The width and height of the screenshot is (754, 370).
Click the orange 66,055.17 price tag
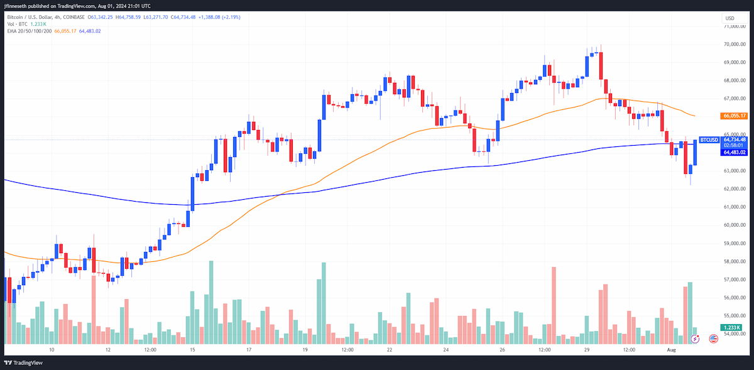pyautogui.click(x=734, y=116)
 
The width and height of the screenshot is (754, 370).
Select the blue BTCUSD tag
pyautogui.click(x=709, y=139)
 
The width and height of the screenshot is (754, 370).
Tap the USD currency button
pyautogui.click(x=729, y=18)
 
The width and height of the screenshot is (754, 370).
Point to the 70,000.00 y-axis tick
pyautogui.click(x=735, y=44)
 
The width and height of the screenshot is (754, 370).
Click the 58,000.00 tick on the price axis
pyautogui.click(x=735, y=261)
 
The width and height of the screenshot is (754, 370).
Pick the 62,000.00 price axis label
pyautogui.click(x=735, y=189)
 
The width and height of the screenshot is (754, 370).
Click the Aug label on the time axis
pyautogui.click(x=671, y=350)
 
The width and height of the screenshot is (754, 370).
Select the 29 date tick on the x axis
pyautogui.click(x=587, y=350)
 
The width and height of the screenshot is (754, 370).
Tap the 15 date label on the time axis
pyautogui.click(x=192, y=350)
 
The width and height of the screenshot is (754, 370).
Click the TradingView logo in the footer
pyautogui.click(x=24, y=363)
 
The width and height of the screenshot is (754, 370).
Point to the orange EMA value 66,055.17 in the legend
pyautogui.click(x=65, y=31)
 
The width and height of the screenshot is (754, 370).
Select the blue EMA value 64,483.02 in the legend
pyautogui.click(x=90, y=31)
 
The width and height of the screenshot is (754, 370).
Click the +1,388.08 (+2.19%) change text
pyautogui.click(x=219, y=17)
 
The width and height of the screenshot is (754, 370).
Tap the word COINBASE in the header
pyautogui.click(x=73, y=17)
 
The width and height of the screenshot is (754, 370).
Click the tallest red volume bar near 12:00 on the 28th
pyautogui.click(x=554, y=305)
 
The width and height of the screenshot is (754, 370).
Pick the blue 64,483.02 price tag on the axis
pyautogui.click(x=734, y=153)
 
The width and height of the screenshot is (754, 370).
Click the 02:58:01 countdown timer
pyautogui.click(x=733, y=146)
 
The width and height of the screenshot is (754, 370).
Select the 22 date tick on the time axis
pyautogui.click(x=390, y=350)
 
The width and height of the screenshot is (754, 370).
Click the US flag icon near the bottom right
pyautogui.click(x=713, y=339)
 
